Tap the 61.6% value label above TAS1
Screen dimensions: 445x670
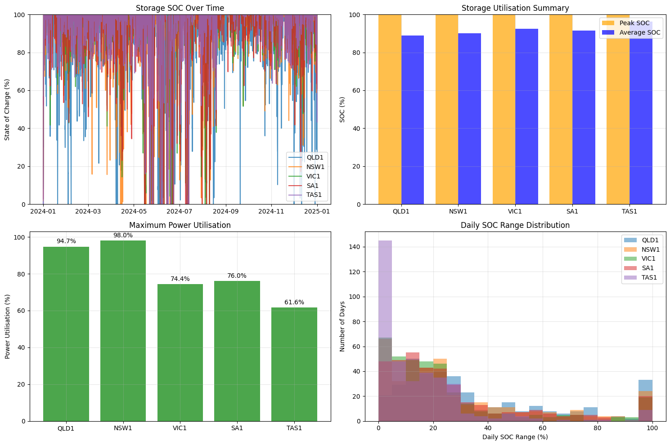294,303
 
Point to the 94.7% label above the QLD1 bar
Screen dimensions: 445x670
66,241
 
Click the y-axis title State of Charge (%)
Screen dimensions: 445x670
8,109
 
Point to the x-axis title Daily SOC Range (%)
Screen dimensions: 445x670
515,437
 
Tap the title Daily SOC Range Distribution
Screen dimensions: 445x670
515,225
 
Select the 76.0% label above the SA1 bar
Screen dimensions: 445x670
237,276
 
